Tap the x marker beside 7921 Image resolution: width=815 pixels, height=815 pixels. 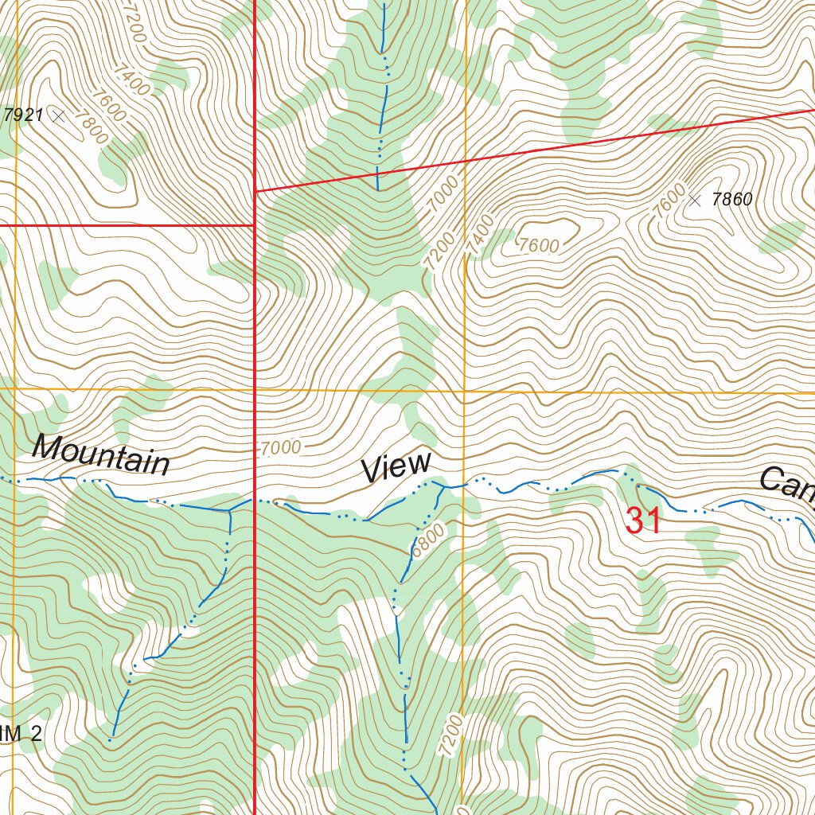click(57, 116)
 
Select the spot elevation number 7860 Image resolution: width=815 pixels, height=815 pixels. click(731, 200)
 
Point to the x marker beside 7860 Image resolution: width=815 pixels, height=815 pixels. click(695, 201)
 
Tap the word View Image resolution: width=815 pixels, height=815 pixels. click(396, 466)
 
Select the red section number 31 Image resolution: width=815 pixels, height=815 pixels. click(643, 521)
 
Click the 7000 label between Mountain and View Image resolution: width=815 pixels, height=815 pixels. click(280, 448)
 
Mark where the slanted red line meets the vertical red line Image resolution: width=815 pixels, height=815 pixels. click(254, 191)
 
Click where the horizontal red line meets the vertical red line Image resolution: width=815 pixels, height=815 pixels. click(254, 225)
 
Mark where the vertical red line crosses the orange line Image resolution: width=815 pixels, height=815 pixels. click(254, 390)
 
